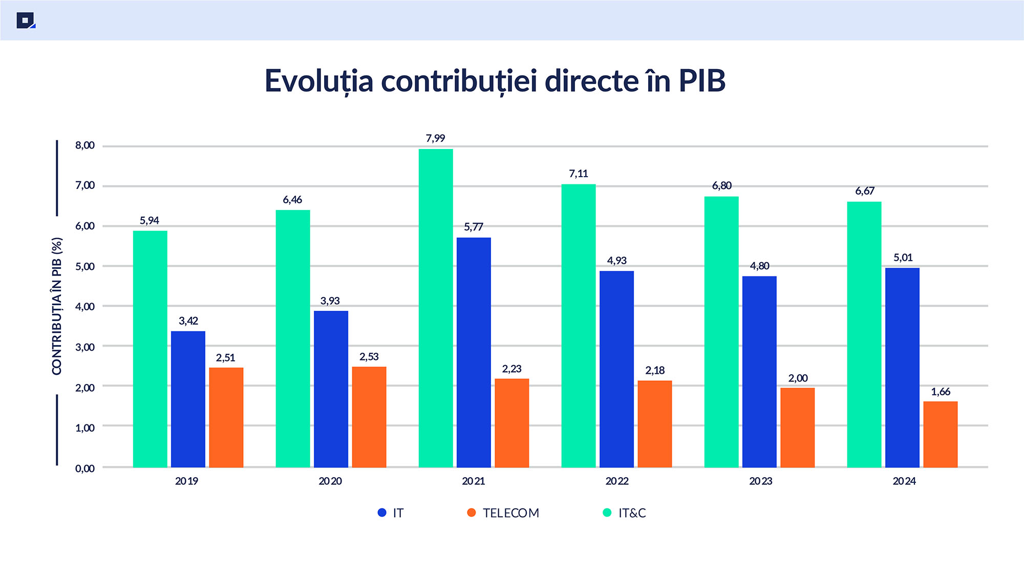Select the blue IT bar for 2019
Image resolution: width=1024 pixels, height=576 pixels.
(x=188, y=399)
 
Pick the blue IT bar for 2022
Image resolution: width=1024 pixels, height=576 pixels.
(x=616, y=369)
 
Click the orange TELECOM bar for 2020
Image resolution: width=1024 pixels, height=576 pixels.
(x=369, y=417)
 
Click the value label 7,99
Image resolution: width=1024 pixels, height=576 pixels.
(x=436, y=138)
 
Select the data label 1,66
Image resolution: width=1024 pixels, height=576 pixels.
(x=941, y=392)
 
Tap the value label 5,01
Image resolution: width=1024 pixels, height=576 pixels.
(x=903, y=258)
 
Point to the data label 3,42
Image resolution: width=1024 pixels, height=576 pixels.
(x=188, y=321)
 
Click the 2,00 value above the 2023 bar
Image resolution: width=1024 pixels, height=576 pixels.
(x=798, y=378)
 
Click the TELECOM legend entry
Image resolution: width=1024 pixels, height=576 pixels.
(x=510, y=513)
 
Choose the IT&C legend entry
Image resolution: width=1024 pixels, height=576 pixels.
(x=632, y=513)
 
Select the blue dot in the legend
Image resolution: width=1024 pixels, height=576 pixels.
(x=382, y=513)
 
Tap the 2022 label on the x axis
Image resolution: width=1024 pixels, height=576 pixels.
(x=617, y=481)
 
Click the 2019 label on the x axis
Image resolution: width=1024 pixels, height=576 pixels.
(x=186, y=481)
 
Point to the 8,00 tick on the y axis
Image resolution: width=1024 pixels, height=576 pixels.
(x=85, y=145)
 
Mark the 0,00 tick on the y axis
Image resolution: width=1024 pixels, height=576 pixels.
(x=85, y=468)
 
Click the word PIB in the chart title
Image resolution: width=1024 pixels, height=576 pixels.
(x=702, y=81)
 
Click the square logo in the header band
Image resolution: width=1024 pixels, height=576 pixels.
(x=25, y=20)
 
